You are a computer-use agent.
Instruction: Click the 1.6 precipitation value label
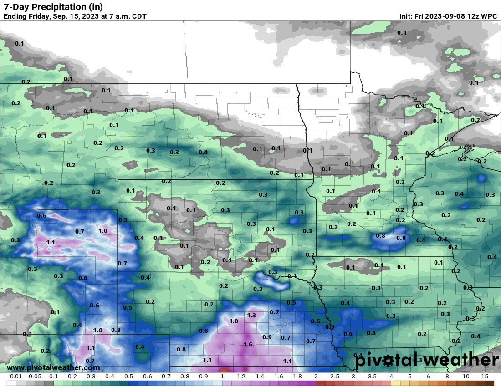248,344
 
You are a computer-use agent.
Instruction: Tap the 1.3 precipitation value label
251,315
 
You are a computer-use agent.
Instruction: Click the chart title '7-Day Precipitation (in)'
53,6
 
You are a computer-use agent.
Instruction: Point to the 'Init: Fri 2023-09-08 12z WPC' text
448,16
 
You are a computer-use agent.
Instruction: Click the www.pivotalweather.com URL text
53,367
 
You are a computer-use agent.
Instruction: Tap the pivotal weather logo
426,360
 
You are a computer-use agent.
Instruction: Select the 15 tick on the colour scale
484,377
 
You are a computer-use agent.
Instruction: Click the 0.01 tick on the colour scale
16,377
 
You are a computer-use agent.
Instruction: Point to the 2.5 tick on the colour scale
335,377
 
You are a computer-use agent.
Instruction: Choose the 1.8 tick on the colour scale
297,377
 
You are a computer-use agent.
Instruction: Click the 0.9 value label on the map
267,337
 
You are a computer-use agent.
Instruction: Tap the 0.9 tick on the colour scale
203,377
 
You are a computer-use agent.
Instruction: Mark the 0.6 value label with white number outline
41,215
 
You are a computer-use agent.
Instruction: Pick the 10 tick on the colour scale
465,377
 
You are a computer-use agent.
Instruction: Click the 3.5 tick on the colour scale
372,377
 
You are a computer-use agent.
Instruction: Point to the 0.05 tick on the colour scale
35,377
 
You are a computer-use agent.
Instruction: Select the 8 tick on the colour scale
447,377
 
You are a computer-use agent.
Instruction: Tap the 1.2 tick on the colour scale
241,377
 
